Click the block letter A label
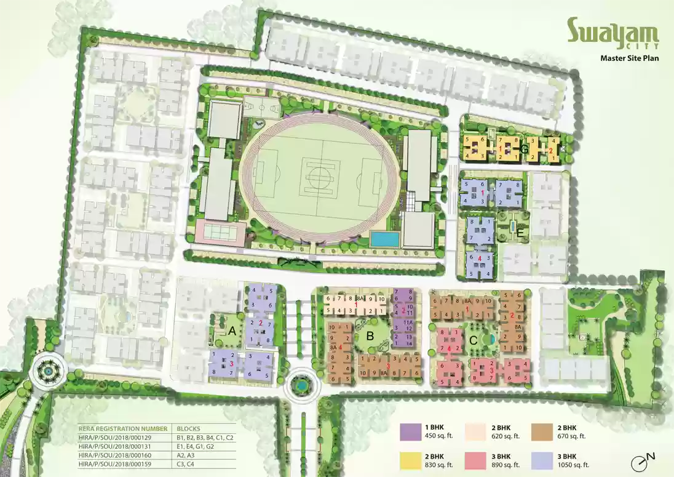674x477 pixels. point(232,330)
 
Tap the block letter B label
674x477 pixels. point(370,336)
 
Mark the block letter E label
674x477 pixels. point(521,234)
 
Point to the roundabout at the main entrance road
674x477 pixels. point(300,385)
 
